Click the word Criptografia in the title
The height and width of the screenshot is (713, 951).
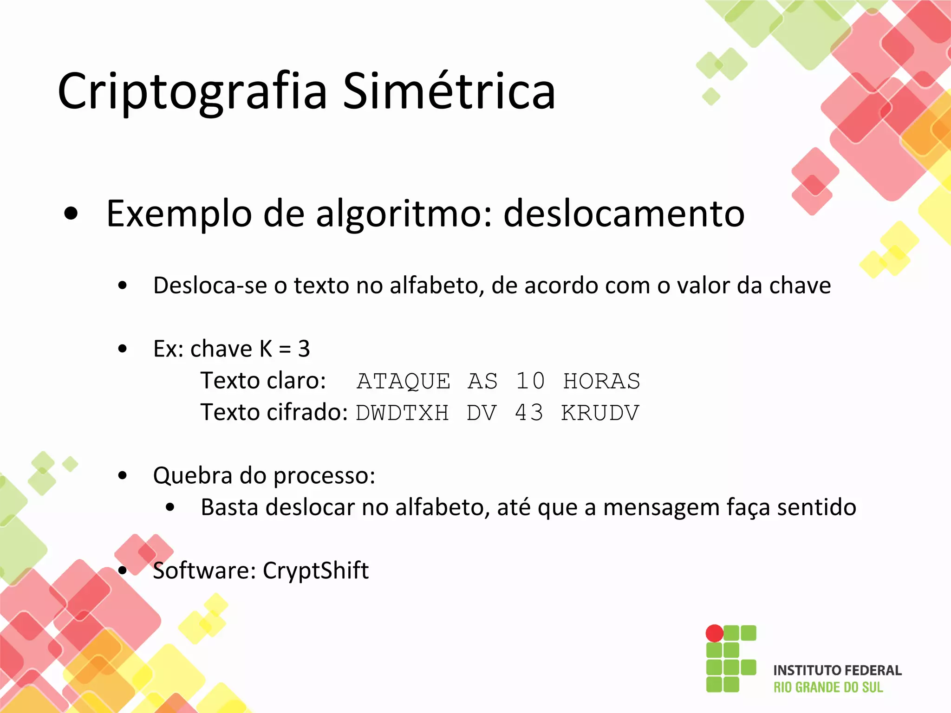[192, 91]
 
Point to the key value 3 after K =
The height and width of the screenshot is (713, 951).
[304, 349]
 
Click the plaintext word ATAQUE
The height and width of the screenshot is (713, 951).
[404, 382]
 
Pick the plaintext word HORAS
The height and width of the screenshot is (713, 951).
[601, 382]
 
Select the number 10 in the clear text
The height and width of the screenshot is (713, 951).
[530, 382]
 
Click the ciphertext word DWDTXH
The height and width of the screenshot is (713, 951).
[403, 413]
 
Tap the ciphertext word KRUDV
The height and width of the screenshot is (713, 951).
[600, 413]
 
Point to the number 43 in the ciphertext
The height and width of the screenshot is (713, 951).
[529, 413]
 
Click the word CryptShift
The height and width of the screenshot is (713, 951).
[316, 570]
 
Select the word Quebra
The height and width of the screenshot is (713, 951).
[193, 476]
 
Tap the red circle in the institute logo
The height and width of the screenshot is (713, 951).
[714, 633]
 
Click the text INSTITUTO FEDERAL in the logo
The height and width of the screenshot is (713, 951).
[837, 670]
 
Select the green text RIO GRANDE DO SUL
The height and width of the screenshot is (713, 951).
[828, 687]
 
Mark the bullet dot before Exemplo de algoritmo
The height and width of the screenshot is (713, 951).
[72, 214]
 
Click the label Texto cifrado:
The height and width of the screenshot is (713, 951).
[274, 412]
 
